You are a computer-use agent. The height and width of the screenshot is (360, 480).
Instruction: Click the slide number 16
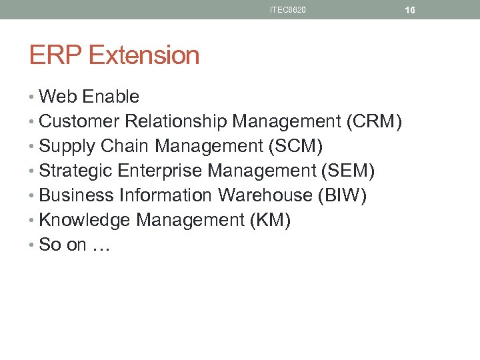coord(410,10)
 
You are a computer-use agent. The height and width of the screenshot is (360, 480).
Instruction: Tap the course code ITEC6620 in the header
coord(288,10)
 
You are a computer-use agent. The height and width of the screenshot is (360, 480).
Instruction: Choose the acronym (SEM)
coord(347,171)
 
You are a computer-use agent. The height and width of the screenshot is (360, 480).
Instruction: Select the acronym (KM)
coord(269,220)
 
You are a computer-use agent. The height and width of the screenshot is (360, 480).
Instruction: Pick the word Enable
coord(111,97)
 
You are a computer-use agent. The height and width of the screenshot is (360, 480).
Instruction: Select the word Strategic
coord(76,171)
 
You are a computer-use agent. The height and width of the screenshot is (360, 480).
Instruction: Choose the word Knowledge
coord(84,220)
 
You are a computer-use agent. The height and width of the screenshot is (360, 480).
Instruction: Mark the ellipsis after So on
coord(102,246)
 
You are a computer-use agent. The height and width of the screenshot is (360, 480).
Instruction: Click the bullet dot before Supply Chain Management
coord(33,146)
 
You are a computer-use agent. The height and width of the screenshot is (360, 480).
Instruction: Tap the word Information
coord(165,195)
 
